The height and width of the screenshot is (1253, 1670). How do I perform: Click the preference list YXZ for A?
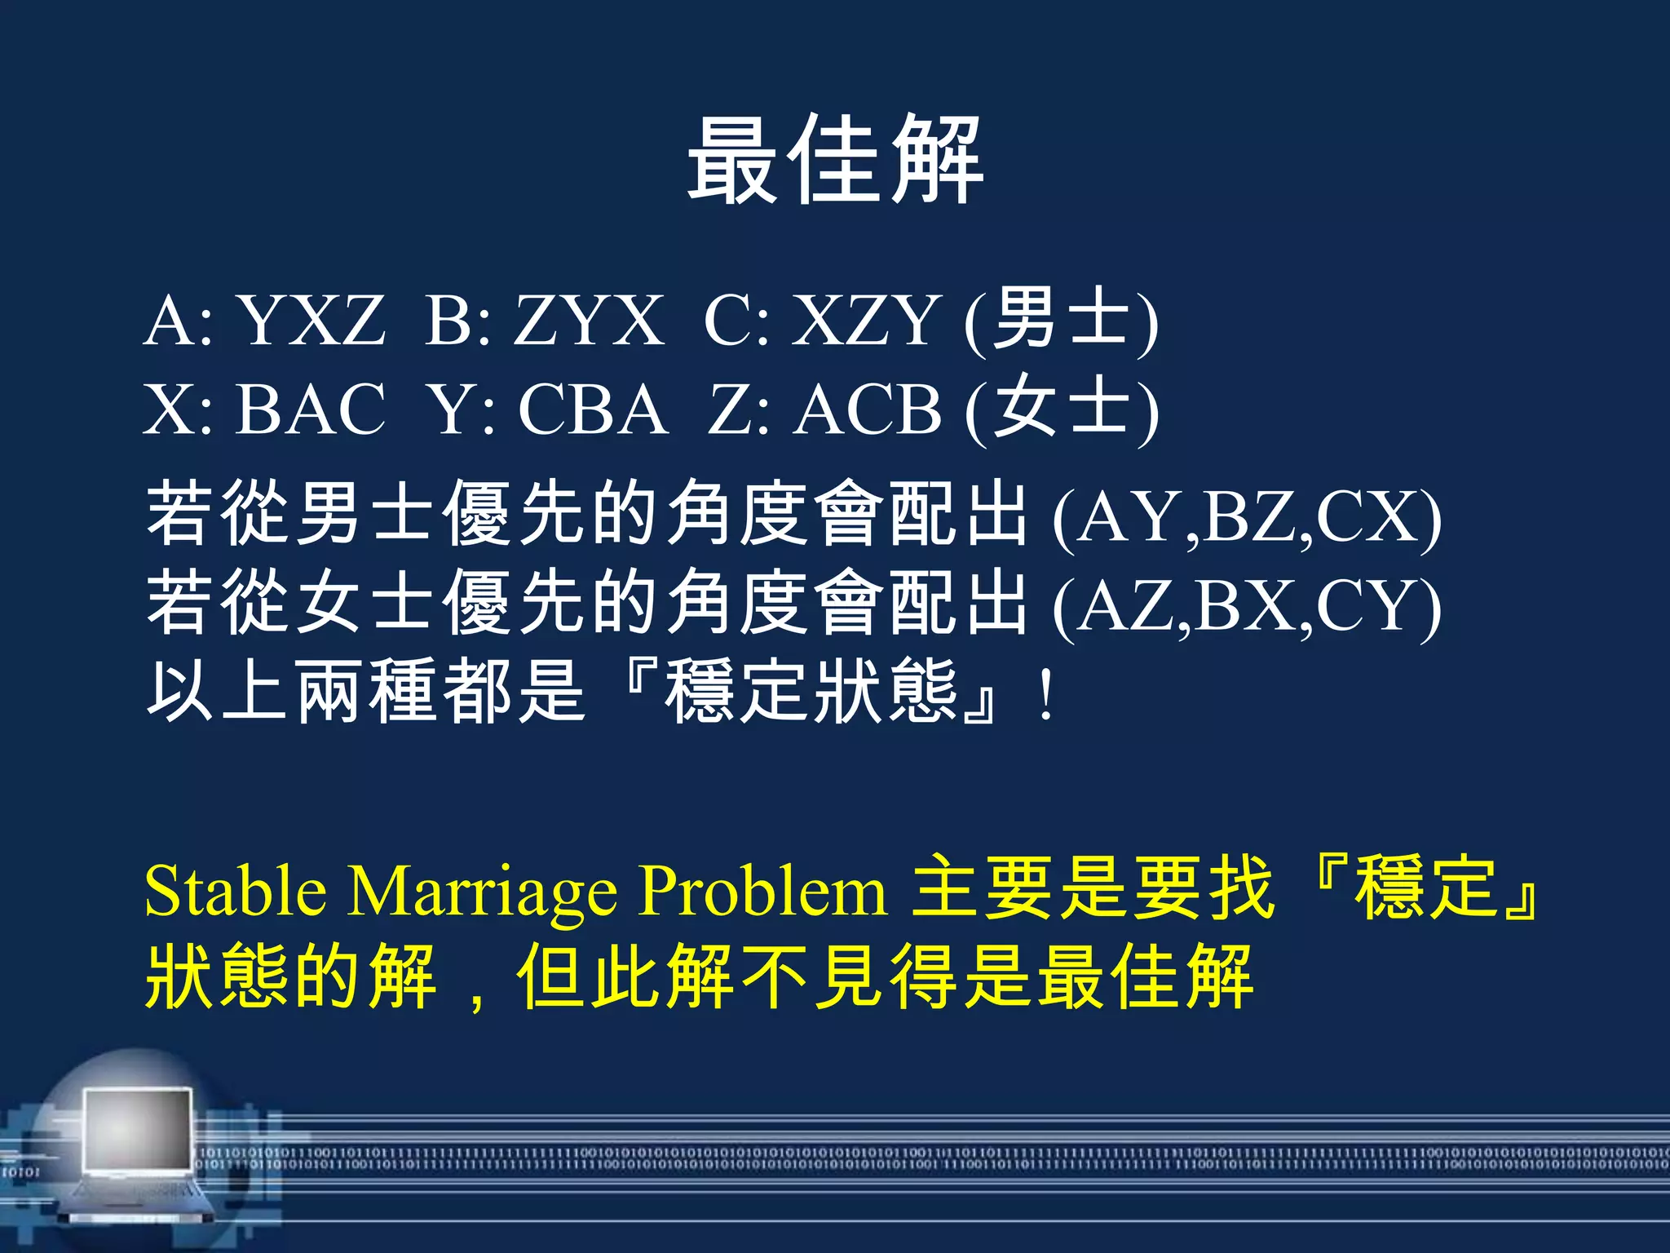click(311, 320)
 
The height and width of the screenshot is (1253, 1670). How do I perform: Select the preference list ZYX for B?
click(589, 320)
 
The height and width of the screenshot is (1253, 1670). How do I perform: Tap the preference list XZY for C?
click(866, 320)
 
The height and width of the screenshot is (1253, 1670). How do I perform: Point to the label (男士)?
click(1061, 320)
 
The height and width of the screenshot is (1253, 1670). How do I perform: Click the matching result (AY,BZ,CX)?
click(1247, 517)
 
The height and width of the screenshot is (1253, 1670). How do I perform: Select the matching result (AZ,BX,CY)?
click(1247, 606)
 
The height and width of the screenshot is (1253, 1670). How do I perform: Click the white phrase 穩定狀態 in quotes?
click(811, 693)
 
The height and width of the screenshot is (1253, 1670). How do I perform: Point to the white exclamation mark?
click(1046, 694)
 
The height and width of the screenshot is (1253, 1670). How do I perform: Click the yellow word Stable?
click(236, 890)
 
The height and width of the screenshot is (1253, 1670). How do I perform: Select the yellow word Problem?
click(762, 890)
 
